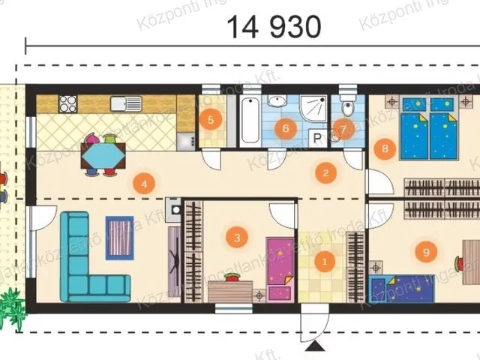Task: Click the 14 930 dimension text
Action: click(274, 28)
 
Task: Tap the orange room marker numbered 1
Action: click(325, 262)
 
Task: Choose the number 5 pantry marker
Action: click(284, 127)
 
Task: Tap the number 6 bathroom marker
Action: click(343, 128)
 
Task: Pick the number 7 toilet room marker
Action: click(385, 148)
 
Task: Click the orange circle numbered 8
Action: click(426, 253)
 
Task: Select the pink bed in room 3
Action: click(280, 267)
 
